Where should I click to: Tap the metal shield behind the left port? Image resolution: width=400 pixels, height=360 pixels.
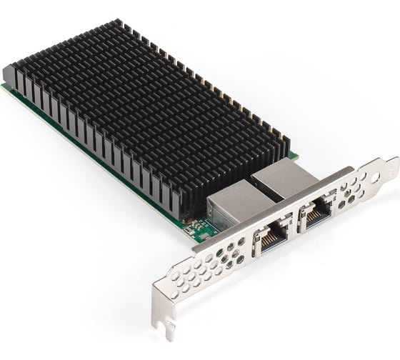pos(230,203)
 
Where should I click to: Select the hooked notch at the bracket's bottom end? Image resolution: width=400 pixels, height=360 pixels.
pos(170,330)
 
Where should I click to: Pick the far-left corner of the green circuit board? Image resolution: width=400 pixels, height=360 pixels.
pos(4,86)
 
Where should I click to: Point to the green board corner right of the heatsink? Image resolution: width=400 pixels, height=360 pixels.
pos(294,156)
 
